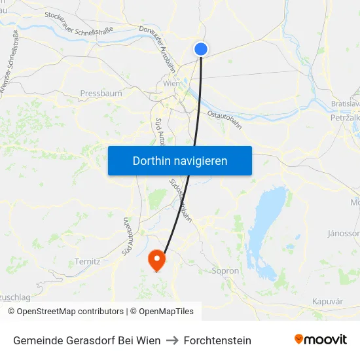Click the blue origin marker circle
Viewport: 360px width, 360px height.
tap(201, 48)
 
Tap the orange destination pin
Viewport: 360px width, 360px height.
tap(157, 259)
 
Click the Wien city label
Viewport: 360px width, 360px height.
tap(171, 84)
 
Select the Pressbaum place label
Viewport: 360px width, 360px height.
tap(101, 94)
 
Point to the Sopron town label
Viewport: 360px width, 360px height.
tap(225, 270)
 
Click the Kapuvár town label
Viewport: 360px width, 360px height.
tap(328, 300)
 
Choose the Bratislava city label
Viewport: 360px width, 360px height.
tap(346, 104)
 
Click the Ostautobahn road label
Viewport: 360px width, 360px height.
tap(225, 123)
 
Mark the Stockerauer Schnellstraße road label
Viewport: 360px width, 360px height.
tap(79, 22)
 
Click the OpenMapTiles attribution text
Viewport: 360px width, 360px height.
tap(166, 312)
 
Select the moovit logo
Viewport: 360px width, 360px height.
tap(320, 340)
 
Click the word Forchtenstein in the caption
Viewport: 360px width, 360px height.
tap(217, 340)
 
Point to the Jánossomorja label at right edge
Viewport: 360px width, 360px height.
tap(344, 233)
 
